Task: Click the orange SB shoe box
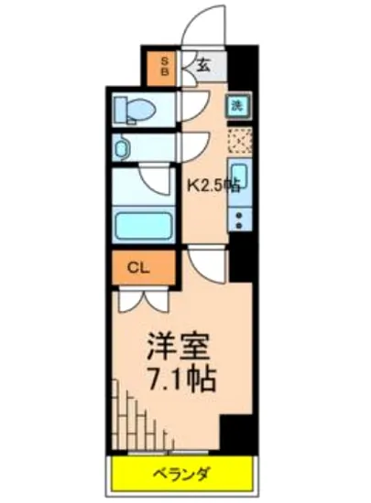[x=165, y=65]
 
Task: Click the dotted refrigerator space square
[x=238, y=141]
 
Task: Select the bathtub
[x=142, y=223]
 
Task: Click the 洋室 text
[x=180, y=348]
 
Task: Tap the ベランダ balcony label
[x=181, y=474]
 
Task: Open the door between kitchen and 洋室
[x=207, y=265]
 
